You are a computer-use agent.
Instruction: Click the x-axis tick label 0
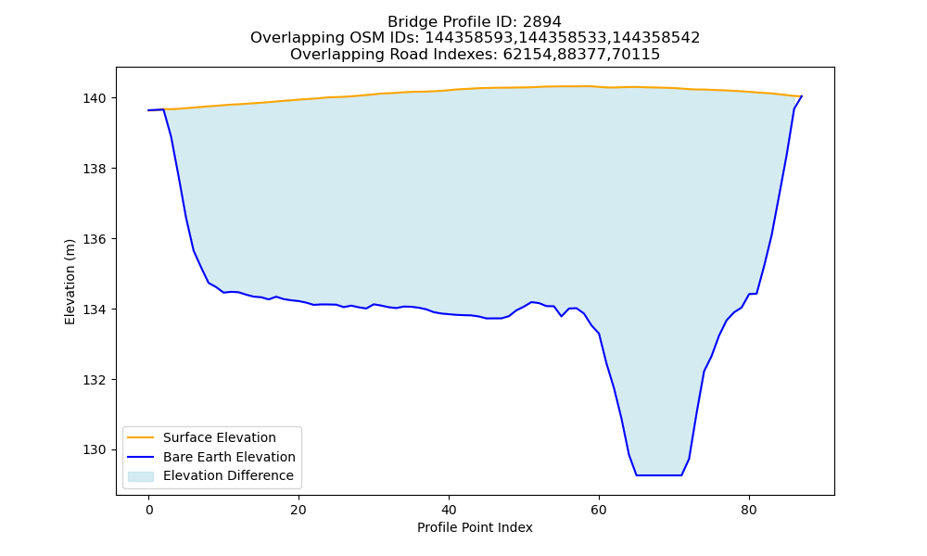point(149,510)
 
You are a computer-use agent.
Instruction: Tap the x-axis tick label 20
point(298,510)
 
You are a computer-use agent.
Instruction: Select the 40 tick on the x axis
point(449,510)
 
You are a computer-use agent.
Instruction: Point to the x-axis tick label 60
point(599,510)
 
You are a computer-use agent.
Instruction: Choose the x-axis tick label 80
point(748,510)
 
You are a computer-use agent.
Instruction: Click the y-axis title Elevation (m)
point(70,282)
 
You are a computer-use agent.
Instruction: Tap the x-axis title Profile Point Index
point(475,527)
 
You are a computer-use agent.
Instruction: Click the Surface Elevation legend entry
point(220,437)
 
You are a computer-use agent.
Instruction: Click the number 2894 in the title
point(541,22)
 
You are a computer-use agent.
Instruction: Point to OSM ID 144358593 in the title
point(470,38)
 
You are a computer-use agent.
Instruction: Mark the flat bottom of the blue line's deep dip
point(658,475)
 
